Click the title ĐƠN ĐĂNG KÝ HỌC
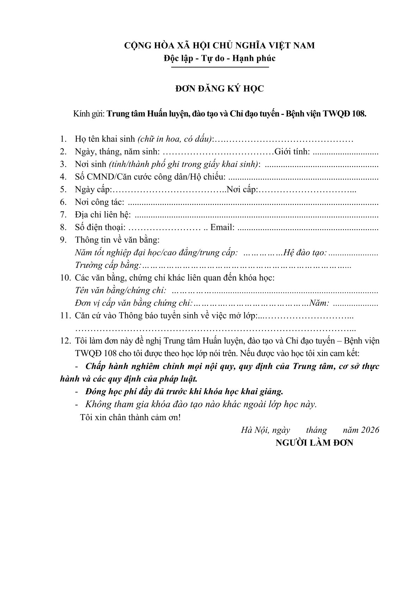pyautogui.click(x=220, y=89)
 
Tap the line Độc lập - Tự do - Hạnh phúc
pyautogui.click(x=220, y=58)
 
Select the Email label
pyautogui.click(x=223, y=227)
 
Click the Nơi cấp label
pyautogui.click(x=243, y=190)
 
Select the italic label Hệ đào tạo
pyautogui.click(x=305, y=253)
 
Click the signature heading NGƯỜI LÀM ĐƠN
pyautogui.click(x=314, y=443)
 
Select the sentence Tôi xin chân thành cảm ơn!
pyautogui.click(x=130, y=418)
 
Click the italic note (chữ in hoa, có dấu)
pyautogui.click(x=175, y=139)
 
